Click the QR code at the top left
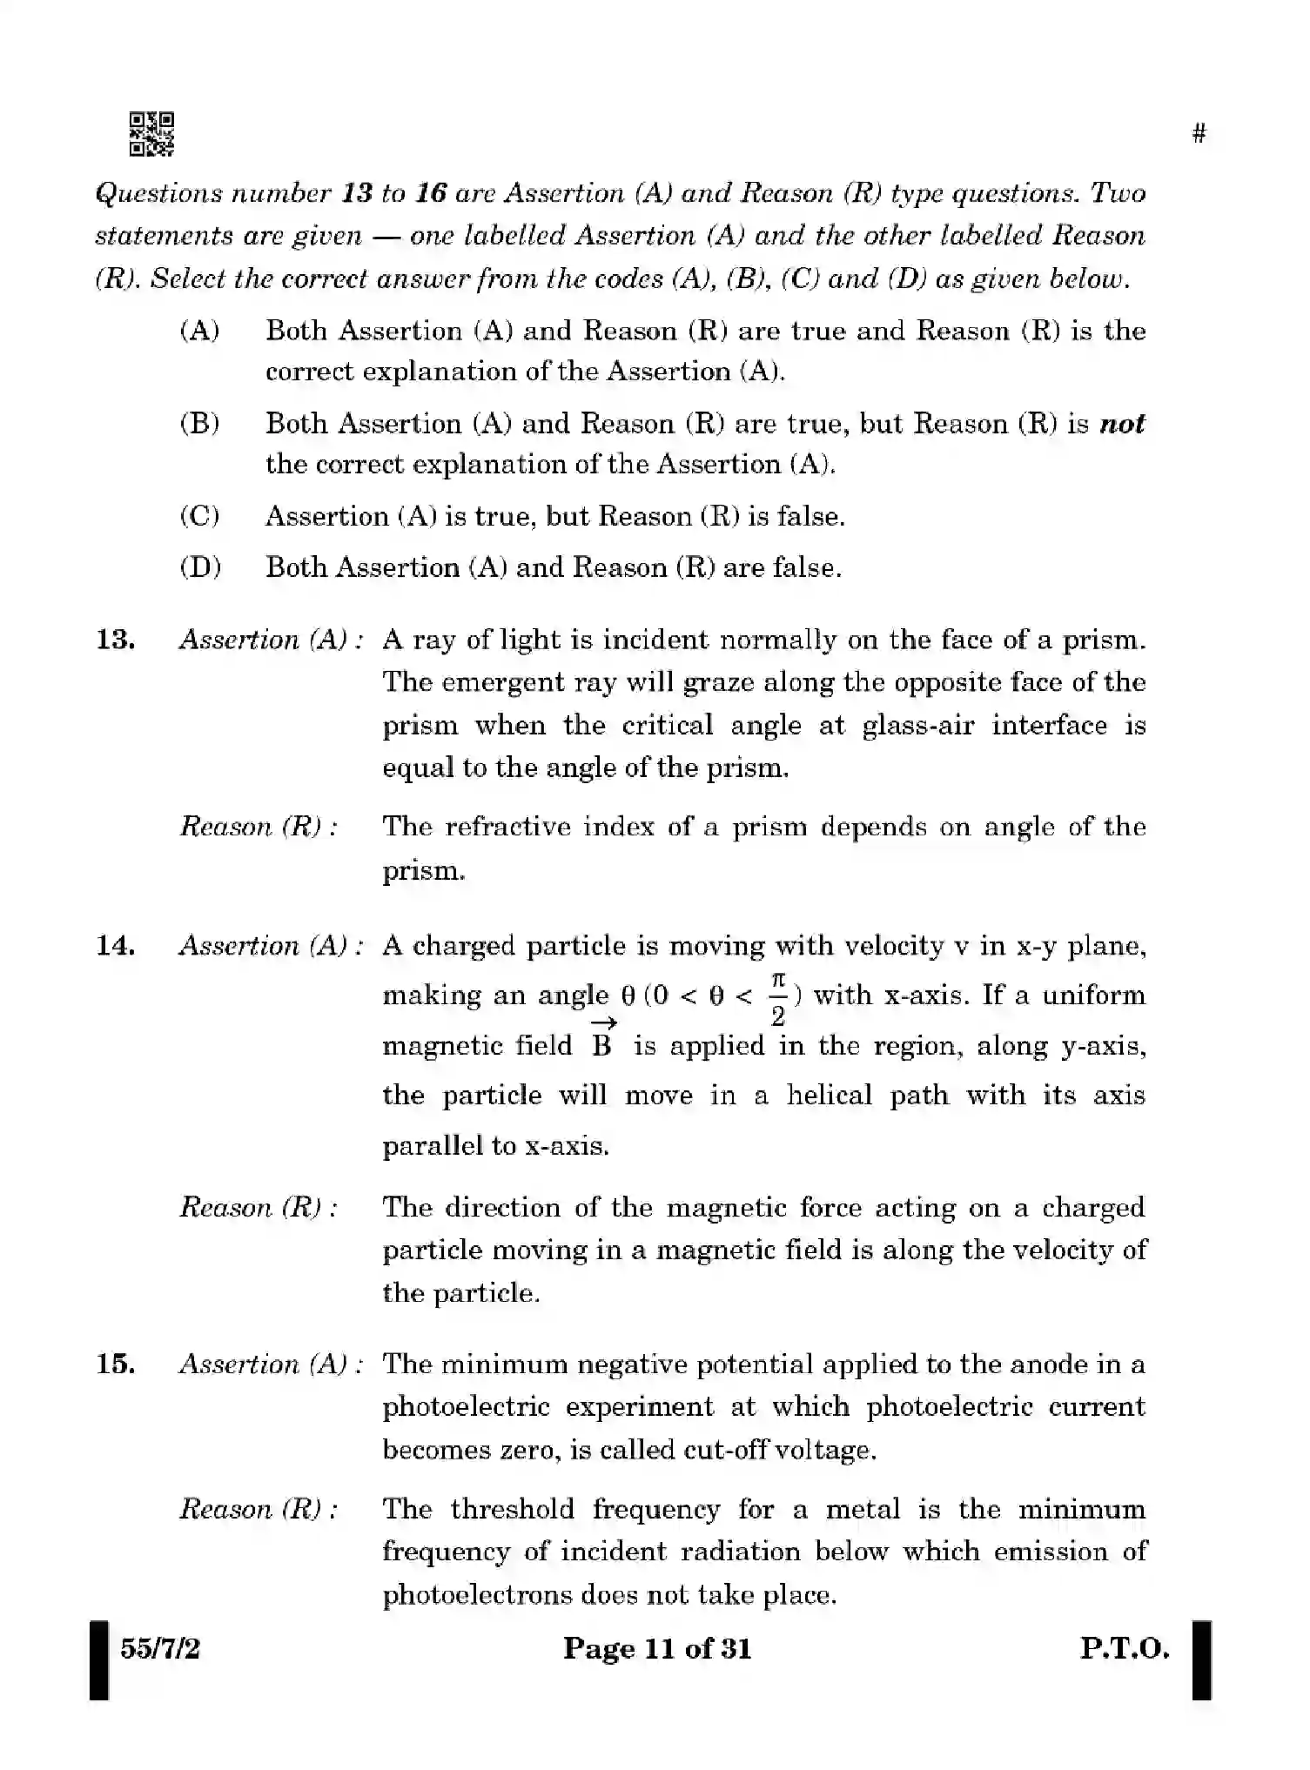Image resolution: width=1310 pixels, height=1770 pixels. (151, 134)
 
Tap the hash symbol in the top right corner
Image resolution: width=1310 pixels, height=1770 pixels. (1199, 134)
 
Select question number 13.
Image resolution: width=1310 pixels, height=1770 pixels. (115, 640)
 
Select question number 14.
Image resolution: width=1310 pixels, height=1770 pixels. (115, 946)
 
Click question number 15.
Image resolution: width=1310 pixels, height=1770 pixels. (115, 1364)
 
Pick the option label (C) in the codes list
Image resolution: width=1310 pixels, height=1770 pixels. (199, 517)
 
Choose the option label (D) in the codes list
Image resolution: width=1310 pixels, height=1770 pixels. (200, 568)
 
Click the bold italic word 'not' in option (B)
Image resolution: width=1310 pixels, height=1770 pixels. (1122, 425)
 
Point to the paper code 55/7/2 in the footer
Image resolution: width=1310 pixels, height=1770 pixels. (160, 1648)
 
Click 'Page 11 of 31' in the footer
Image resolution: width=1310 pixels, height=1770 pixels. (656, 1648)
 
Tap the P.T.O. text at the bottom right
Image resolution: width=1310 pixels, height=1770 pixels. (1125, 1648)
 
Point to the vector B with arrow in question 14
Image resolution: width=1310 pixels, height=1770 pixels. (602, 1039)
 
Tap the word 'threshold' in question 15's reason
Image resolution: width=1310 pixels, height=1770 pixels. (513, 1509)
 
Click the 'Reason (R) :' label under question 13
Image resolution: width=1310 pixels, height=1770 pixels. (259, 827)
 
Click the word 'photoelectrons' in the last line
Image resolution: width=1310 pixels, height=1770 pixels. (477, 1595)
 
